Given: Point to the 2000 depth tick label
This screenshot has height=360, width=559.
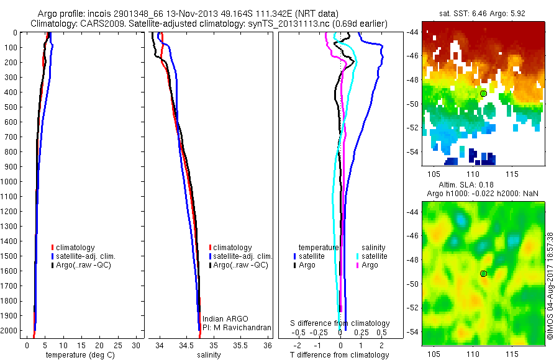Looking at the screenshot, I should click(x=10, y=331).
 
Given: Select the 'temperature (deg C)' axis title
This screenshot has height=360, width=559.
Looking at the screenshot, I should click(x=79, y=355).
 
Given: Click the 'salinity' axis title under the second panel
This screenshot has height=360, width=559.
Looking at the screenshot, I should click(x=209, y=355).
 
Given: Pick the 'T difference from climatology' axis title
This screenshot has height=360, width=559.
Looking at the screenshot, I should click(x=340, y=355).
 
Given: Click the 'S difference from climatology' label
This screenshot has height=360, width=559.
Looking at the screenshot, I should click(x=340, y=323).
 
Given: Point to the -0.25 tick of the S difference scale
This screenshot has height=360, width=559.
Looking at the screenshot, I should click(x=319, y=332).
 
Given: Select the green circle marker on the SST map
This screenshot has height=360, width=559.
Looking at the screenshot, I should click(x=483, y=93).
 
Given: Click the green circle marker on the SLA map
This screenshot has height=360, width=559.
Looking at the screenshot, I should click(x=483, y=274).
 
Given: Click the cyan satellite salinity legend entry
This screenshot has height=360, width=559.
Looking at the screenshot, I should click(x=373, y=256).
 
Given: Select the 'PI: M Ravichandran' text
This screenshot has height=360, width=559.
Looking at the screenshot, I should click(x=237, y=327).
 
